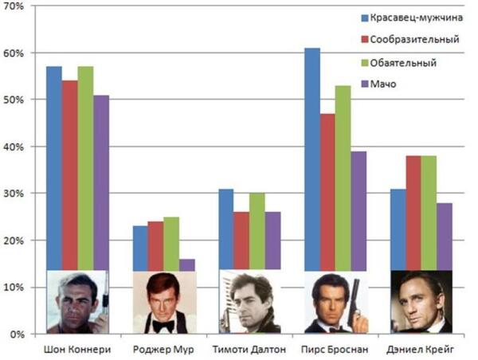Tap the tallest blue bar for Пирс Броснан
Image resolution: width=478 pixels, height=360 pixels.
point(311,159)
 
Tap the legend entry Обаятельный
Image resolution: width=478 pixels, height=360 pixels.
point(404,61)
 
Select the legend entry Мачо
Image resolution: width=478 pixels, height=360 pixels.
point(390,83)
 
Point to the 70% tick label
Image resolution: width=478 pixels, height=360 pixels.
point(15,6)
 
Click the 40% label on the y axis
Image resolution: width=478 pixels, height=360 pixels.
point(15,147)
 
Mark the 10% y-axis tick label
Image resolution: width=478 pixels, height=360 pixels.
point(15,287)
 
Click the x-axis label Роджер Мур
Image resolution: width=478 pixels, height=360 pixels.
point(163,349)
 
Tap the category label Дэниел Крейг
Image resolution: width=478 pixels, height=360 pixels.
point(421,349)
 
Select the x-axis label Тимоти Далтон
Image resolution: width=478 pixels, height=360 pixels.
point(249,349)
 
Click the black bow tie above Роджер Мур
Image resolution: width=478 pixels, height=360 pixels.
point(163,324)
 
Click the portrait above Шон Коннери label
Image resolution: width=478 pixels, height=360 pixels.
point(77,302)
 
